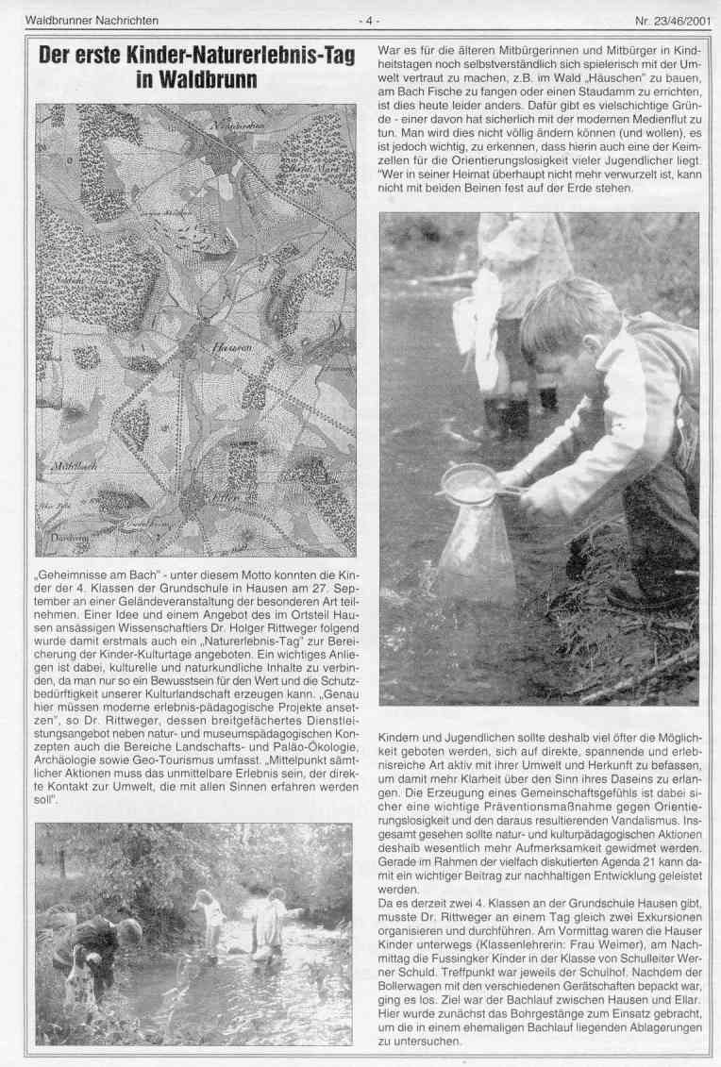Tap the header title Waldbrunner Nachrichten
point(92,20)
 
